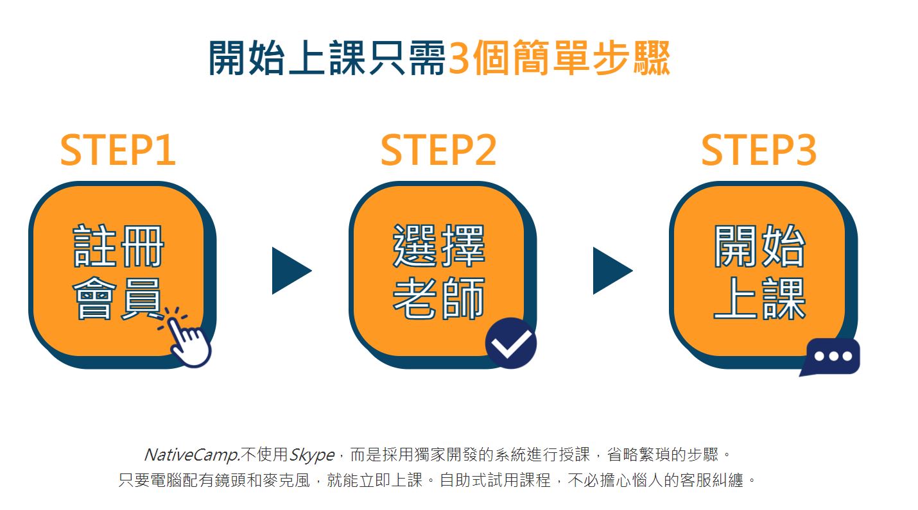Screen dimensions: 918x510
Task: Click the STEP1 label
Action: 118,150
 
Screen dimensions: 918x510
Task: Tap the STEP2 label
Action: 438,150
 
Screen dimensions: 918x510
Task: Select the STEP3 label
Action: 759,150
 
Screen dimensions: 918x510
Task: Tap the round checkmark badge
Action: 510,343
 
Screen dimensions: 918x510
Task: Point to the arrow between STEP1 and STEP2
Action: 291,271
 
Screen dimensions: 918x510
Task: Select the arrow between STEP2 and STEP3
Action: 612,271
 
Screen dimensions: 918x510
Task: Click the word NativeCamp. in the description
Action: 192,455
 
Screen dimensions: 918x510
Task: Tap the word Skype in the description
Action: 312,455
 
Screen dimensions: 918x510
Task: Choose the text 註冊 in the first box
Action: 118,246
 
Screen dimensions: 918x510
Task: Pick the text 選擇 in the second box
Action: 439,246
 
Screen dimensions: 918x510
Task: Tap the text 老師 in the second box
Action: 439,298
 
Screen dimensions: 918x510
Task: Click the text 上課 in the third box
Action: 759,298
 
